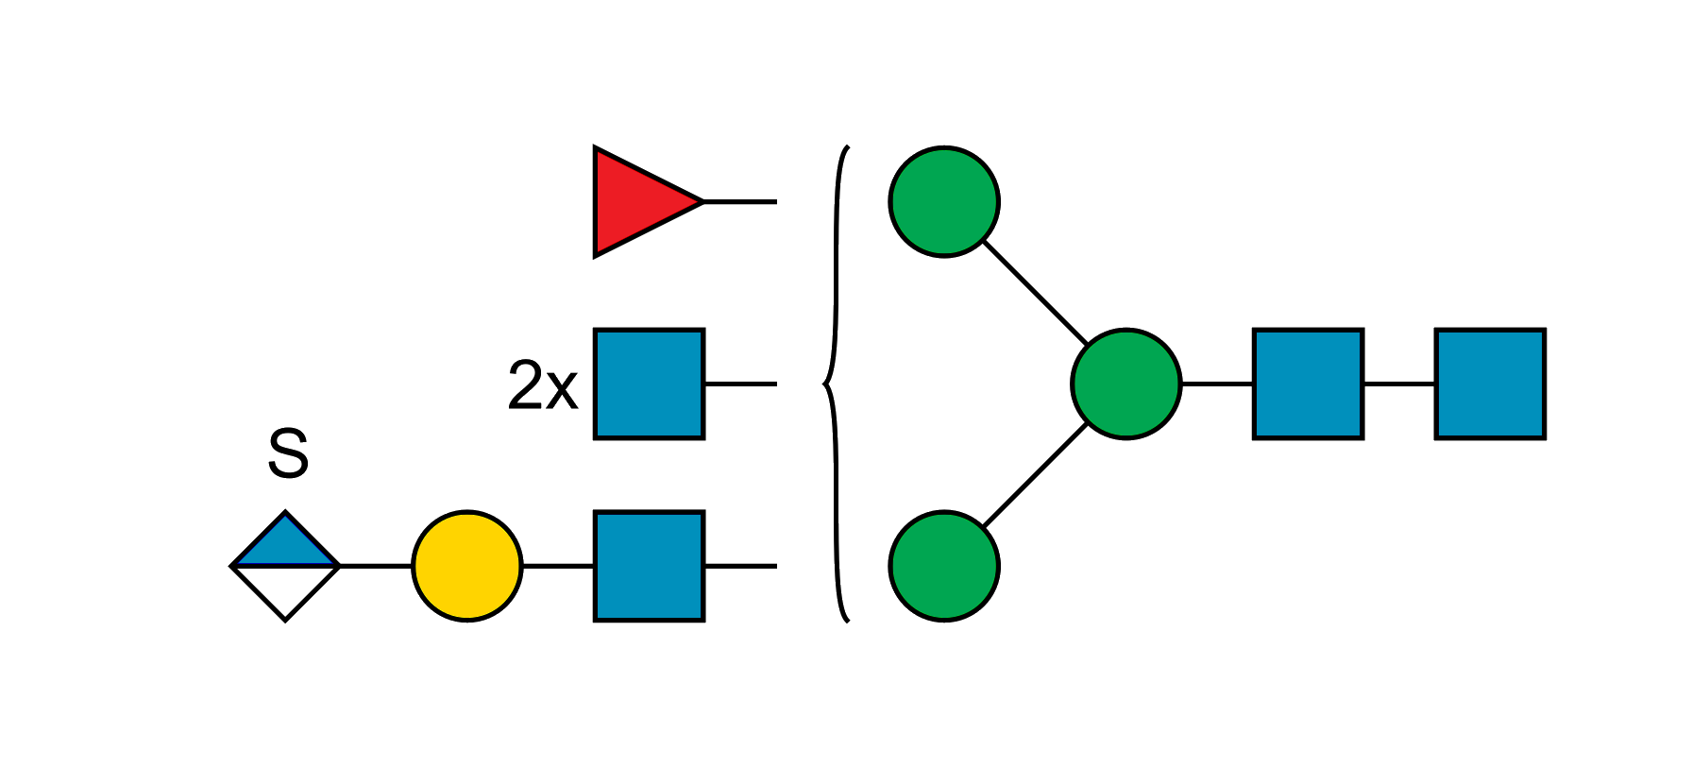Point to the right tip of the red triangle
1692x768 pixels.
pos(701,202)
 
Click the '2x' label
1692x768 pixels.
pos(542,385)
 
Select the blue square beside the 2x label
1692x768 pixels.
pos(649,384)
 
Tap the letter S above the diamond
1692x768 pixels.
pos(287,452)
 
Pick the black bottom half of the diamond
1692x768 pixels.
pos(285,589)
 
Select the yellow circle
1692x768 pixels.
pos(466,566)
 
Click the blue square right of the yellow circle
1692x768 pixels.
pos(649,566)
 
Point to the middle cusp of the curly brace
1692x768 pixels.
pos(824,384)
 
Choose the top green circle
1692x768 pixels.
pos(944,201)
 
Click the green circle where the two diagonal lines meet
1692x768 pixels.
pos(1125,384)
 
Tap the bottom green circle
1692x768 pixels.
pos(944,566)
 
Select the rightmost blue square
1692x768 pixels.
pos(1490,384)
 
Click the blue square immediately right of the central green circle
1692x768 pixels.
pos(1308,384)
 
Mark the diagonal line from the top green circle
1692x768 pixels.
pos(1035,293)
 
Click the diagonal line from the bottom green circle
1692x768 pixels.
pos(1035,475)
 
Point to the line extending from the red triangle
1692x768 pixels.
pos(740,203)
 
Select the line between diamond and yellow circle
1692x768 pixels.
pos(376,565)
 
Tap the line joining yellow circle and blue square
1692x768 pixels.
pos(557,565)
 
